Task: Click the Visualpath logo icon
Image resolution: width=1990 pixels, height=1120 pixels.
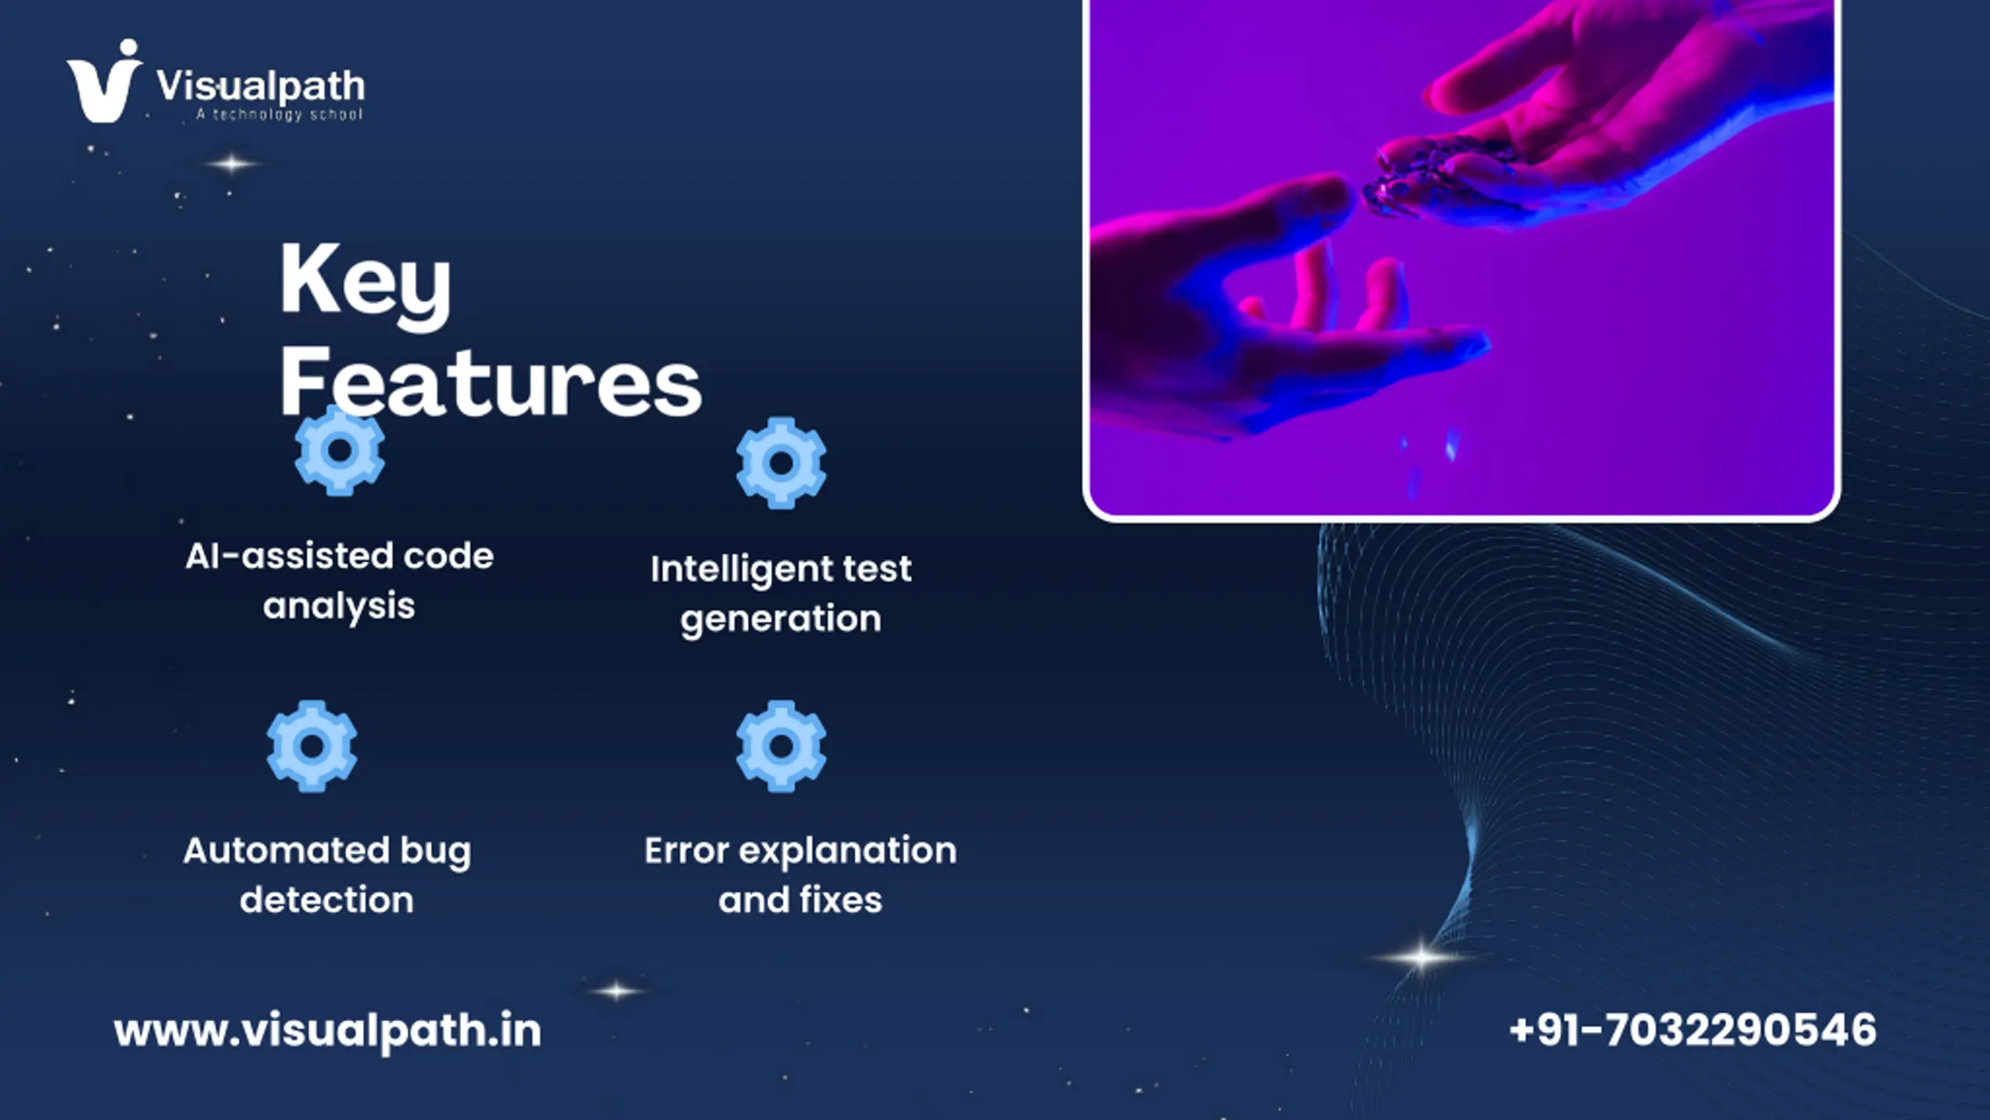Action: coord(105,82)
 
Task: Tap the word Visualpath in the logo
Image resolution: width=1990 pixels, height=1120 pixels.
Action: coord(260,86)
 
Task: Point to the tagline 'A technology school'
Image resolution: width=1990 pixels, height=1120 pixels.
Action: coord(279,115)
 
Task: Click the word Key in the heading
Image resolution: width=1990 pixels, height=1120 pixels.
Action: coord(365,283)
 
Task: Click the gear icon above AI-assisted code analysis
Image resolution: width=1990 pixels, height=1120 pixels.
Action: coord(340,450)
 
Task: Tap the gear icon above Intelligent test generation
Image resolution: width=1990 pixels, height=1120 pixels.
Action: coord(781,463)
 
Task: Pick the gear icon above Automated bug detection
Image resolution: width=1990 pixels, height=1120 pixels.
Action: coord(312,747)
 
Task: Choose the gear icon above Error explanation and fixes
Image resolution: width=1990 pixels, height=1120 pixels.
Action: coord(781,747)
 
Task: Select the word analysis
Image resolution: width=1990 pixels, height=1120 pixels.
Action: coord(339,607)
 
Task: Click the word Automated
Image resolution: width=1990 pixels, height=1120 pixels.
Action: coord(285,850)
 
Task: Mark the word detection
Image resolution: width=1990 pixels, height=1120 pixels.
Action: coord(326,900)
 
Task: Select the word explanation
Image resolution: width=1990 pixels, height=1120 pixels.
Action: coord(847,852)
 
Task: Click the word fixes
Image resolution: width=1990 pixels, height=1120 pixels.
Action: coord(841,900)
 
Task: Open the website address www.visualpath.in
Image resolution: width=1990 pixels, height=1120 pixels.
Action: coord(327,1032)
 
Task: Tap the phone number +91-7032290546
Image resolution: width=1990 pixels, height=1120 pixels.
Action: coord(1692,1030)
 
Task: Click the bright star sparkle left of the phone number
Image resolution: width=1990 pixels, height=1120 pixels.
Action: coord(1420,957)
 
